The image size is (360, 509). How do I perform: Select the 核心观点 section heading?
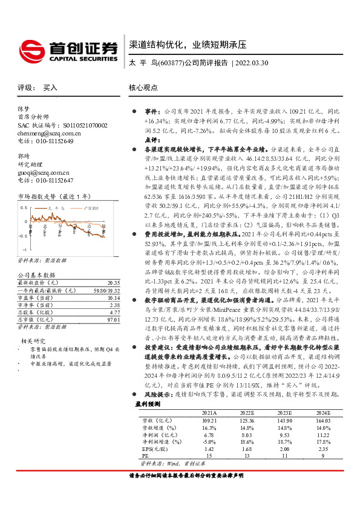(x=143, y=88)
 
